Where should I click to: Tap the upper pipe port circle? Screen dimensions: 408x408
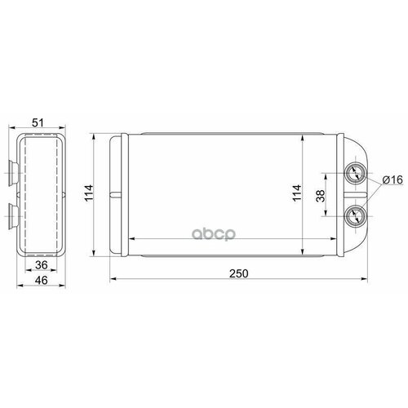[x=357, y=173]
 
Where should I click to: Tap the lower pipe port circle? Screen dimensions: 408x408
[x=357, y=215]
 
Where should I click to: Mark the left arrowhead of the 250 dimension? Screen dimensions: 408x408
[x=113, y=279]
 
